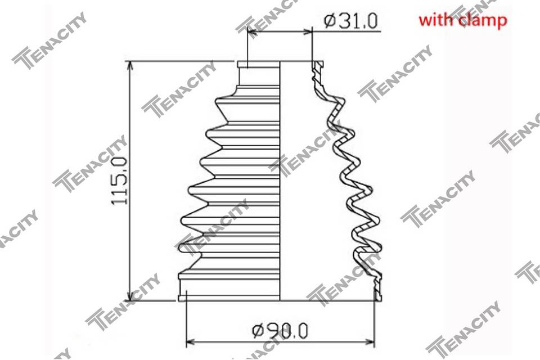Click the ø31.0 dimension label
350,21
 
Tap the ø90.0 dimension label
280,331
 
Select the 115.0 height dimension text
119,180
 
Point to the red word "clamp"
483,21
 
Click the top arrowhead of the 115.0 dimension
130,66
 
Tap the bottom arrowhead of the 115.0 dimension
130,296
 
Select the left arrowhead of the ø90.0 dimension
191,343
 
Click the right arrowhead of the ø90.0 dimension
370,343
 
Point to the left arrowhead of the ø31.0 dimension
252,32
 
